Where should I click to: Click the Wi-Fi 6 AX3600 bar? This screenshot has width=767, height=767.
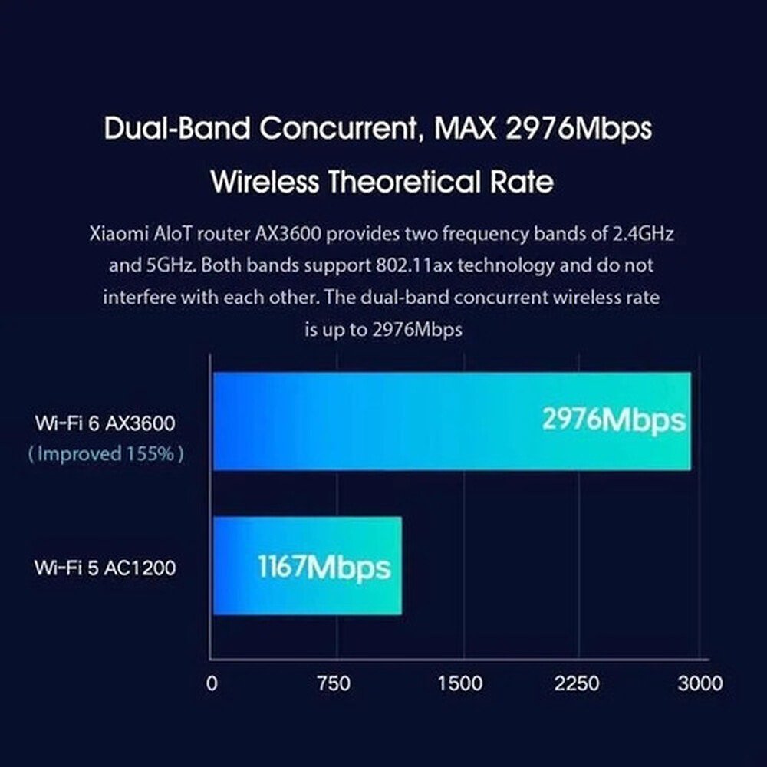pyautogui.click(x=452, y=421)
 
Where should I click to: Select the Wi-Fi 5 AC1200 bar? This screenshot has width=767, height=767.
pyautogui.click(x=308, y=565)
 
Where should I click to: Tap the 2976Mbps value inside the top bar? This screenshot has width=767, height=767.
pyautogui.click(x=614, y=420)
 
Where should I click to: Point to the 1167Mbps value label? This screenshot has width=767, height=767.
pyautogui.click(x=324, y=568)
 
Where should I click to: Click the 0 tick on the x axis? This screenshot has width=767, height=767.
pyautogui.click(x=212, y=683)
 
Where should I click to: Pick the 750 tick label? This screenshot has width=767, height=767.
pyautogui.click(x=334, y=683)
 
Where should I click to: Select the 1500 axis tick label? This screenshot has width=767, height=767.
pyautogui.click(x=459, y=683)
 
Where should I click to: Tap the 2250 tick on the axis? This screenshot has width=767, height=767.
pyautogui.click(x=577, y=683)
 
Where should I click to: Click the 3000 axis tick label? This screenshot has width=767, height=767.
pyautogui.click(x=700, y=683)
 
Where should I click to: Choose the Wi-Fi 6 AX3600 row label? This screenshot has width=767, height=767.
pyautogui.click(x=104, y=423)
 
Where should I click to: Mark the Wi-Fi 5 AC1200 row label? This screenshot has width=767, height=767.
pyautogui.click(x=104, y=568)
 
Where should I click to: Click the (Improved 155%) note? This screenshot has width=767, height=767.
pyautogui.click(x=106, y=454)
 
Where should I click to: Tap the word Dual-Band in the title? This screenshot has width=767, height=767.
pyautogui.click(x=176, y=128)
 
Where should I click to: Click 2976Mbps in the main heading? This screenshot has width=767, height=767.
pyautogui.click(x=578, y=129)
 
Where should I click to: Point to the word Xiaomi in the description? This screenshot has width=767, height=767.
pyautogui.click(x=119, y=234)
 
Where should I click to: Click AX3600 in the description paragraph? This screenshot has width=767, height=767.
pyautogui.click(x=288, y=234)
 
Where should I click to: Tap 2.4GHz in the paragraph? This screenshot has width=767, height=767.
pyautogui.click(x=644, y=234)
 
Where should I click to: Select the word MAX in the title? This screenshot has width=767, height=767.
pyautogui.click(x=466, y=128)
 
